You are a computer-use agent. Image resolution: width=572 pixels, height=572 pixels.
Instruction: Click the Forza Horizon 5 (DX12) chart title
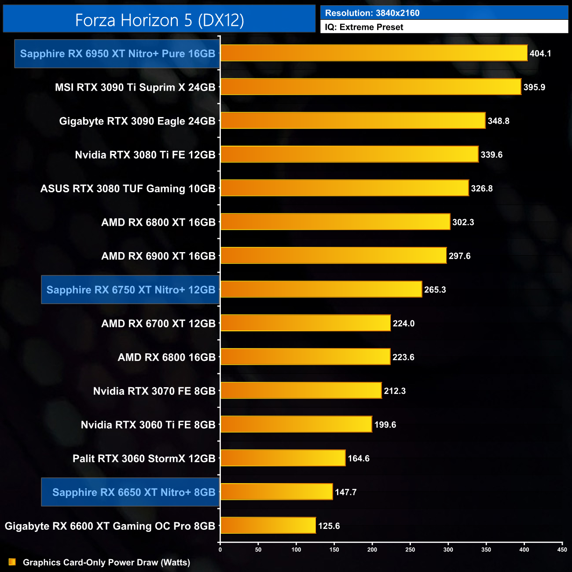[159, 20]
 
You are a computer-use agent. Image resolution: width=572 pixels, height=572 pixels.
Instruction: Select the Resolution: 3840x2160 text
[372, 13]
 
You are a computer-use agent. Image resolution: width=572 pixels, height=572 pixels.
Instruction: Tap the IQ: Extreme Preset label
[364, 27]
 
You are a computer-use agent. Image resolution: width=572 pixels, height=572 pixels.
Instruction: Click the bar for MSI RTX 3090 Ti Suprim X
[370, 87]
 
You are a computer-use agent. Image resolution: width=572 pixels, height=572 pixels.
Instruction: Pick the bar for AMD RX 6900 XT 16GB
[333, 256]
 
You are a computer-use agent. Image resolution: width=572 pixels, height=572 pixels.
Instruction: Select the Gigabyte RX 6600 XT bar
[268, 525]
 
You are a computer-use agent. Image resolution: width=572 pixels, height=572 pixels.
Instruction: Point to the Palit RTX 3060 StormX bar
[282, 458]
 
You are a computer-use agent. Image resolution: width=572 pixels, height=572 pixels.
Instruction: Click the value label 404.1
[540, 54]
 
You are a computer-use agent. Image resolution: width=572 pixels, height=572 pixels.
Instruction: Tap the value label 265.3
[435, 290]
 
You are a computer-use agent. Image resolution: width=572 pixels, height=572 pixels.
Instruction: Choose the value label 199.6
[385, 425]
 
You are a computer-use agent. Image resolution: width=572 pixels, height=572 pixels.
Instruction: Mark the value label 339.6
[491, 155]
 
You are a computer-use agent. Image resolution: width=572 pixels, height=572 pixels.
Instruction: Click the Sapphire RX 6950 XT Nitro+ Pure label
[117, 54]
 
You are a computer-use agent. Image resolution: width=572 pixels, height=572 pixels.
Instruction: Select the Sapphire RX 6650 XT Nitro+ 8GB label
[134, 492]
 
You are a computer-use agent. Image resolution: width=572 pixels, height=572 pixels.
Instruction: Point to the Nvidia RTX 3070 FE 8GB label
[154, 391]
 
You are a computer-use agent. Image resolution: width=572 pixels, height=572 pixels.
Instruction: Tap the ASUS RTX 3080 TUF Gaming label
[128, 188]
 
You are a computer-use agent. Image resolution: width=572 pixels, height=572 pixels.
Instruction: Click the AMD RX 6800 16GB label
[166, 357]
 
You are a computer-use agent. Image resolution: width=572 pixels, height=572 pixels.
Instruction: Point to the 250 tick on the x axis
[410, 549]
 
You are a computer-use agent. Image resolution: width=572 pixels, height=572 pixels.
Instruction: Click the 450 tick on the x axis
[562, 549]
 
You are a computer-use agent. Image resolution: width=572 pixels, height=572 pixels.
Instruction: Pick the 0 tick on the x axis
[220, 549]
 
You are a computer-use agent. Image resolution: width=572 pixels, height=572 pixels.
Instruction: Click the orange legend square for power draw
[12, 562]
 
